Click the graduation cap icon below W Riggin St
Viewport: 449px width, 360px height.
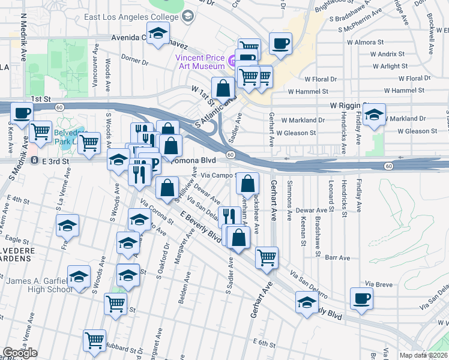point(375,115)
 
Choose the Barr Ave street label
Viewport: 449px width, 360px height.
point(337,257)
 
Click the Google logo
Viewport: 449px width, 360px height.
point(20,353)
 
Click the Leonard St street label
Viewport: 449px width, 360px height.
point(331,193)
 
